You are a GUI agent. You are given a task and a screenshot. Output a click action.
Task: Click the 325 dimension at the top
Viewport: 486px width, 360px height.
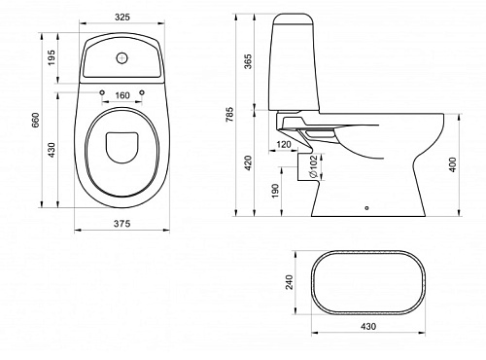point(122,17)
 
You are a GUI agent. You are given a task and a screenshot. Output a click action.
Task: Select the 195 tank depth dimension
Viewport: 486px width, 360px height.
point(52,57)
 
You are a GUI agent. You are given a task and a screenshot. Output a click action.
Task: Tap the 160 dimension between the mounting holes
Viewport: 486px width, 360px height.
point(122,95)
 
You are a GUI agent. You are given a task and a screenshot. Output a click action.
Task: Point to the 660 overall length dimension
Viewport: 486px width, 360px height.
point(35,120)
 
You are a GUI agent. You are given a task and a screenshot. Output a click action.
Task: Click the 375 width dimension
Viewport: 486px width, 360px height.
point(122,224)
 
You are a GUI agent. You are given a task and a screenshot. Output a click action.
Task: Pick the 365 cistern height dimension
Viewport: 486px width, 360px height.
point(248,61)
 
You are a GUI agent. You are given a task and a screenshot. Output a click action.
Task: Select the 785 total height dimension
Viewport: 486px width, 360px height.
point(229,115)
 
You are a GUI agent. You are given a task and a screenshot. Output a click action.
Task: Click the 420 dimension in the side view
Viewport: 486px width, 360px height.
point(248,162)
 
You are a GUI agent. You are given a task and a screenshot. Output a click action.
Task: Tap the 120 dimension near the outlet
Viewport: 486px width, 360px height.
point(284,144)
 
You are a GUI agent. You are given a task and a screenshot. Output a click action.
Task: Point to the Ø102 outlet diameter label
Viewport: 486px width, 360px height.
point(313,166)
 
